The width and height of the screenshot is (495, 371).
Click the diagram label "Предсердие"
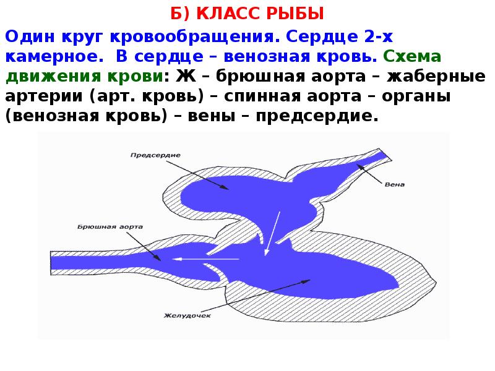[155, 155]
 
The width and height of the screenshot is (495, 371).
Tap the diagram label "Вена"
[394, 184]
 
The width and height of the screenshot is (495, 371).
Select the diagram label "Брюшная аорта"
[111, 227]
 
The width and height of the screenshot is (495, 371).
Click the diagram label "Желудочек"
[188, 315]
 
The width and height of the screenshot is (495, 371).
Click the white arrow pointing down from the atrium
[272, 232]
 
